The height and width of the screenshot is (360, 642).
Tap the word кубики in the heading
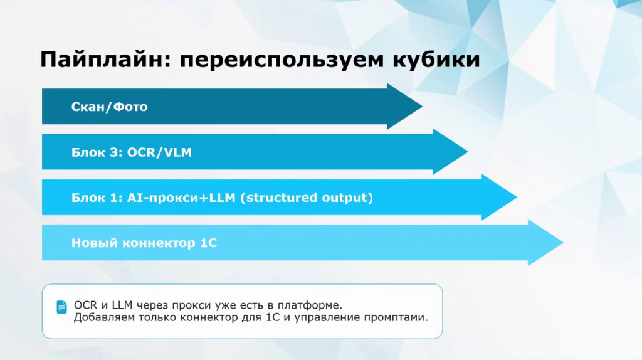[436, 60]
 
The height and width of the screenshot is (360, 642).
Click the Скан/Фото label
[109, 107]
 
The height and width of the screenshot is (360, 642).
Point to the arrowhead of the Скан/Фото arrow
[404, 107]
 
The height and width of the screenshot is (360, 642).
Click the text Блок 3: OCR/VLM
[132, 152]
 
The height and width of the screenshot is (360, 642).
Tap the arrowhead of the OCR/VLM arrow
[450, 152]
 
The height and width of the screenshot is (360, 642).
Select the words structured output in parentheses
[307, 198]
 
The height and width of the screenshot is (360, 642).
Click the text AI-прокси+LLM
[181, 198]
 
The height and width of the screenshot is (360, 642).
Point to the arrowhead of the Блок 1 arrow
[499, 197]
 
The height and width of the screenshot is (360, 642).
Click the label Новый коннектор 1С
[144, 243]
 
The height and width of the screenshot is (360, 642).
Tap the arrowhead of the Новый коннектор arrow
[545, 243]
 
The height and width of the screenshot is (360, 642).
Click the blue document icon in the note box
[62, 307]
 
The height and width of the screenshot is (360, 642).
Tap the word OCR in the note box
[86, 305]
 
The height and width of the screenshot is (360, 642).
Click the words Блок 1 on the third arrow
[97, 198]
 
